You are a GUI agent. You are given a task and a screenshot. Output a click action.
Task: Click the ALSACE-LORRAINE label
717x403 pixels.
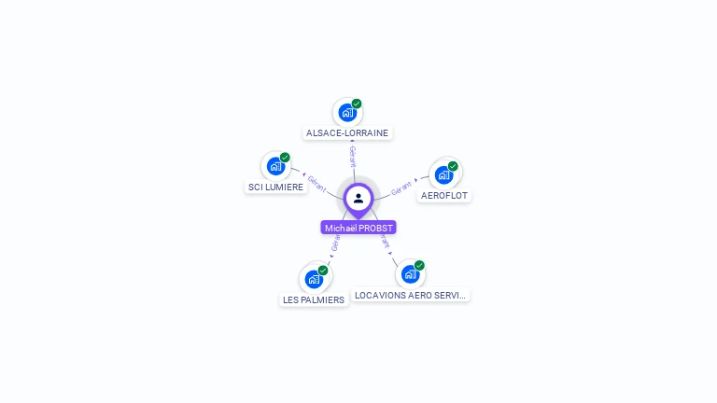point(347,132)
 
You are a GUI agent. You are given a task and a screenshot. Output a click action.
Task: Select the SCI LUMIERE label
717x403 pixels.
point(275,187)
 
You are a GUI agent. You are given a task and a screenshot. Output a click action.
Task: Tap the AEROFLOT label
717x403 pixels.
point(444,196)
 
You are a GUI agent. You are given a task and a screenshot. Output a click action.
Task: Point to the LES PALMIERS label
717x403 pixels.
point(314,299)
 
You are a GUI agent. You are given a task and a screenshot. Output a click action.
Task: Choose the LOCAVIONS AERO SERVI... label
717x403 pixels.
point(410,295)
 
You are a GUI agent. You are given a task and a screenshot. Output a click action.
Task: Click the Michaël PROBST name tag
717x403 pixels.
point(358,228)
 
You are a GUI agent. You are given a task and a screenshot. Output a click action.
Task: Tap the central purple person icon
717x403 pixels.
point(358,198)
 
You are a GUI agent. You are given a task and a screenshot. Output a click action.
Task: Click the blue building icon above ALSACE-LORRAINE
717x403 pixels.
point(347,113)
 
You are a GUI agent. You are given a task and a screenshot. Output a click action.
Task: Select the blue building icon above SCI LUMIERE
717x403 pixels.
point(275,166)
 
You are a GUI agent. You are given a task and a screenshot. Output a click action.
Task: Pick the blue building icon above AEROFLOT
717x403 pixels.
point(444,174)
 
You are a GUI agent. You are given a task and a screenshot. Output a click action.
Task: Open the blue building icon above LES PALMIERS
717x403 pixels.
point(314,278)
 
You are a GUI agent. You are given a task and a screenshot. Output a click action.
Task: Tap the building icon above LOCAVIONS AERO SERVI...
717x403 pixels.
point(410,274)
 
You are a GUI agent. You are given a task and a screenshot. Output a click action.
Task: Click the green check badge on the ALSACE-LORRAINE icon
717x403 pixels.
point(357,104)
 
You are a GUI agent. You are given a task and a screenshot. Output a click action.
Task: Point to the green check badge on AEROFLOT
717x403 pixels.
point(453,166)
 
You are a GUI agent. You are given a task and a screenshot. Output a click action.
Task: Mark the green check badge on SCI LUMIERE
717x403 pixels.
point(285,158)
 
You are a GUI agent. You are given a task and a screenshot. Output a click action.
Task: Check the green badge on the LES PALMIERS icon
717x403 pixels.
point(323,270)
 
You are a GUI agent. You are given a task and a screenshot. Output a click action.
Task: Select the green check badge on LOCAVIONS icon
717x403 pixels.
point(419,265)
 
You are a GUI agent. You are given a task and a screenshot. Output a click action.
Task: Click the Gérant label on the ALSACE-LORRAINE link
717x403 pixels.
point(353,155)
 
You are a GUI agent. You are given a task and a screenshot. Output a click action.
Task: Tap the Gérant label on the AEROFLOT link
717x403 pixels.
point(402,187)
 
